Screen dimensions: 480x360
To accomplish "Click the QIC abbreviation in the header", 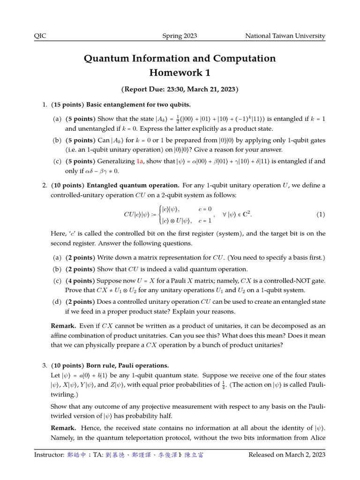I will (x=40, y=36).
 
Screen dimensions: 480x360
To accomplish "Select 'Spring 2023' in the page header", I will (x=180, y=36).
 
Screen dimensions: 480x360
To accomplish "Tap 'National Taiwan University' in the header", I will (x=285, y=36).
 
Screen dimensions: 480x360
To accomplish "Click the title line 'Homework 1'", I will (x=180, y=73).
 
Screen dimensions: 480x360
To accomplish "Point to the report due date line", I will (x=180, y=89).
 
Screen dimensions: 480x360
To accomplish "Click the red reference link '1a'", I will (x=140, y=161).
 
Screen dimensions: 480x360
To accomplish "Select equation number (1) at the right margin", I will (x=320, y=215).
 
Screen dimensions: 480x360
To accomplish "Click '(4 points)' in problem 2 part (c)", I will (x=80, y=281).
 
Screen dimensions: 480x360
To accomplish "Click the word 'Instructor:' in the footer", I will (x=49, y=455).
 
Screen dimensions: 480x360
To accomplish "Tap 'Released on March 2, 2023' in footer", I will (x=287, y=455).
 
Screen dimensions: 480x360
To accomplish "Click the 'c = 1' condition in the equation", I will (x=205, y=220).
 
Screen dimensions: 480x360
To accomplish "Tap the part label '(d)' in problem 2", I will (x=57, y=301).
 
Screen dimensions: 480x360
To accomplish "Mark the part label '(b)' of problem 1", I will (x=57, y=140).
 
